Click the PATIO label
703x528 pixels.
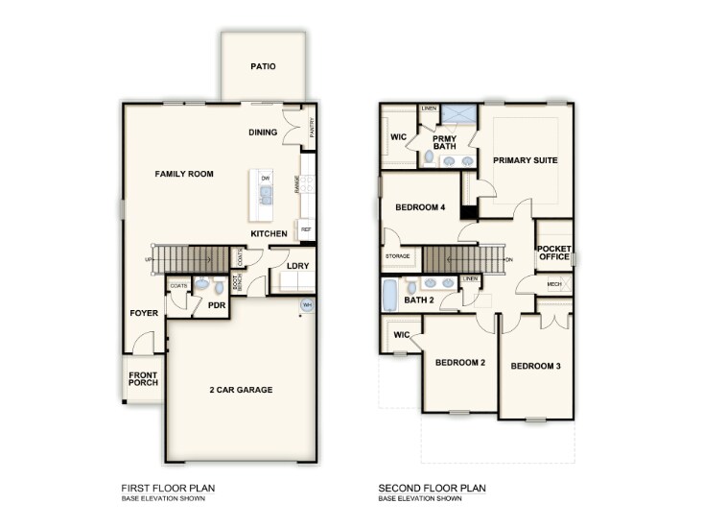pos(263,67)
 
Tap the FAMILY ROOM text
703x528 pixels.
pos(184,174)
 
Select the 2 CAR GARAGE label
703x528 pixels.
pos(241,390)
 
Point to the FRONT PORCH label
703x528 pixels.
pos(144,378)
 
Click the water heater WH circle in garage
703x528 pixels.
pos(308,305)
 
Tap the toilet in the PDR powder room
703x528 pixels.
pos(218,286)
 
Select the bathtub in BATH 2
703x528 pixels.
pos(389,296)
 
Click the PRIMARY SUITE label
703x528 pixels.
pos(525,160)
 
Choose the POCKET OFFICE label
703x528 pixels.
pos(554,252)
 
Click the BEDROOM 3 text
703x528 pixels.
pos(535,367)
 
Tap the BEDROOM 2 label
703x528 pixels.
pos(460,363)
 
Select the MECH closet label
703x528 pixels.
pos(554,284)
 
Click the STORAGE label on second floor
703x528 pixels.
pos(398,256)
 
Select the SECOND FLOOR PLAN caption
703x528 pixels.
pos(432,489)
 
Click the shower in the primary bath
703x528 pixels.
pos(457,114)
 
